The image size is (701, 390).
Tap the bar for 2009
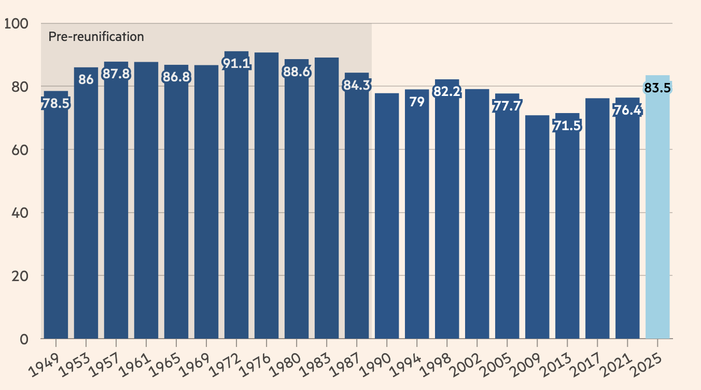537,228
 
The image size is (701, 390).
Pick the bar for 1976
267,197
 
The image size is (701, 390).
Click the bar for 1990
387,218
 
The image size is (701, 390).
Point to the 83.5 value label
657,88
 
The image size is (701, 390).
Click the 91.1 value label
236,63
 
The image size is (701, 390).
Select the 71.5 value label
567,126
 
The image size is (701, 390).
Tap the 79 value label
417,102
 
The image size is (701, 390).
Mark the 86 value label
86,80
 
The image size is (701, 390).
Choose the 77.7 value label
507,106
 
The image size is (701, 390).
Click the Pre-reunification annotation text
96,37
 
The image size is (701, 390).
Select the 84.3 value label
357,85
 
